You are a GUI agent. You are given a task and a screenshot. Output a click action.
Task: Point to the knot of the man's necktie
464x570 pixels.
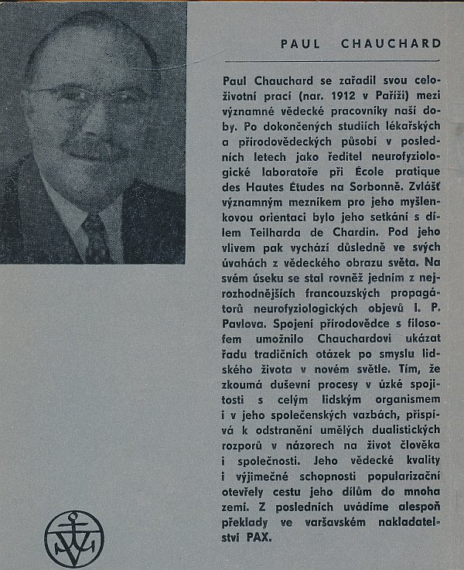tap(92, 224)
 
